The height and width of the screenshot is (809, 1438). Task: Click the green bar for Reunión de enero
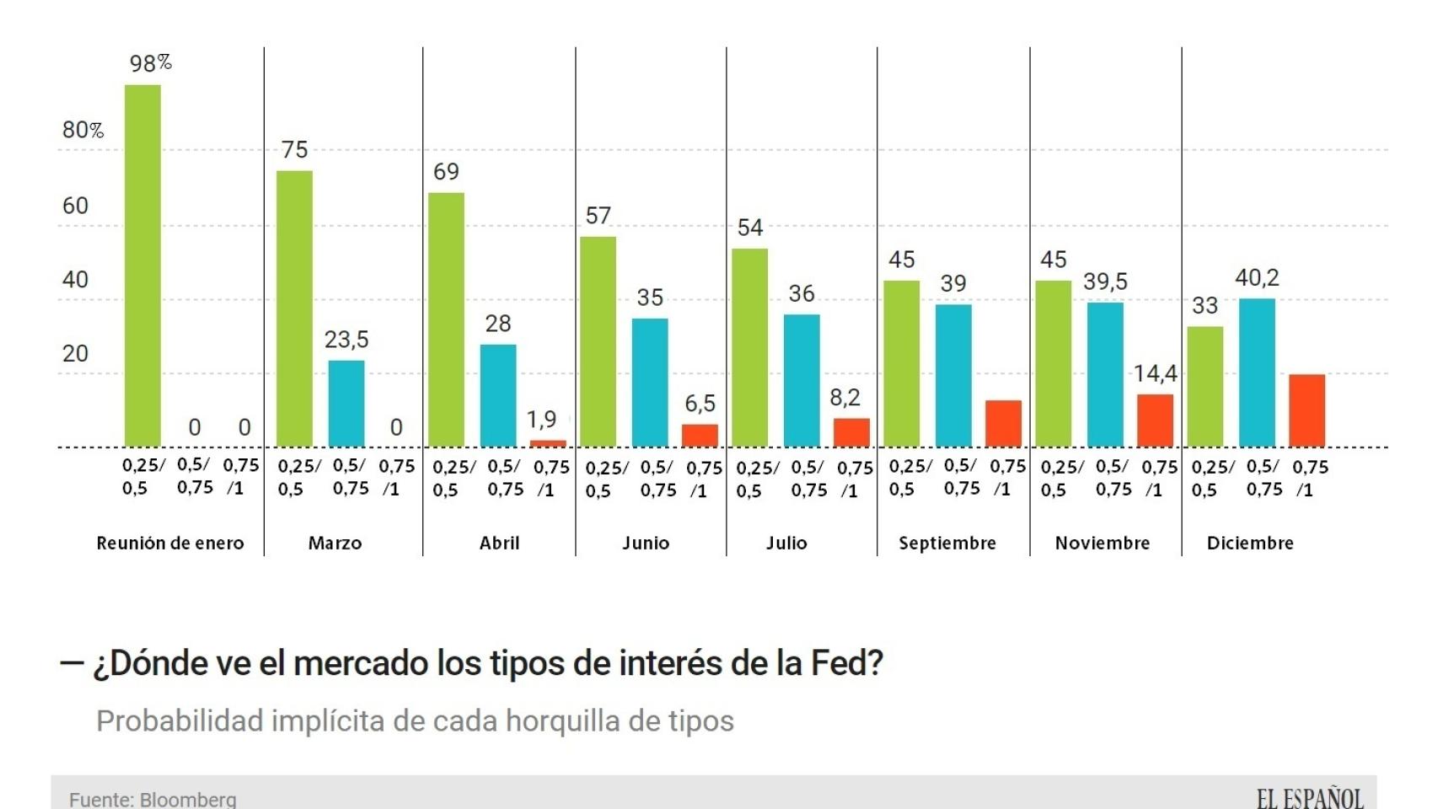[x=142, y=265]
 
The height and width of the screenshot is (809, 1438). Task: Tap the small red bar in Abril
[x=548, y=443]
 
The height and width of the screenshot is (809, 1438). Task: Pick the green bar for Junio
[x=598, y=341]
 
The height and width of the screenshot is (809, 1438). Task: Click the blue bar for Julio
[x=802, y=380]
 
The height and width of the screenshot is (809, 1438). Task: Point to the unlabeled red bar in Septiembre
[x=1003, y=423]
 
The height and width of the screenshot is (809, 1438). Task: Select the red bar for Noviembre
[x=1155, y=420]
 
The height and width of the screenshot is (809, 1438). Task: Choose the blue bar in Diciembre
[x=1257, y=372]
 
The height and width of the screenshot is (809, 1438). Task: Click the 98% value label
[x=150, y=63]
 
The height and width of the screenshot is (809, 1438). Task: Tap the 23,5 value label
[x=346, y=340]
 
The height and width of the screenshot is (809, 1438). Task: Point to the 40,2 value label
[x=1257, y=278]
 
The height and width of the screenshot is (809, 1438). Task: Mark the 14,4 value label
[x=1155, y=373]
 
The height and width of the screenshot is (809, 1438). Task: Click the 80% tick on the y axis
[x=83, y=130]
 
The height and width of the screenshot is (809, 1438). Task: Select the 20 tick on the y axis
[x=75, y=353]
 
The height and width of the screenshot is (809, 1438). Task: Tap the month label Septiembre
[x=947, y=544]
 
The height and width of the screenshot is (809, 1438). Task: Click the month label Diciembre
[x=1250, y=544]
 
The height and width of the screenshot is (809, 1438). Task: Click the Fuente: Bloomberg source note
[x=153, y=799]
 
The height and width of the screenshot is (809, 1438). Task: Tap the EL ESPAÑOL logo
[x=1309, y=797]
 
